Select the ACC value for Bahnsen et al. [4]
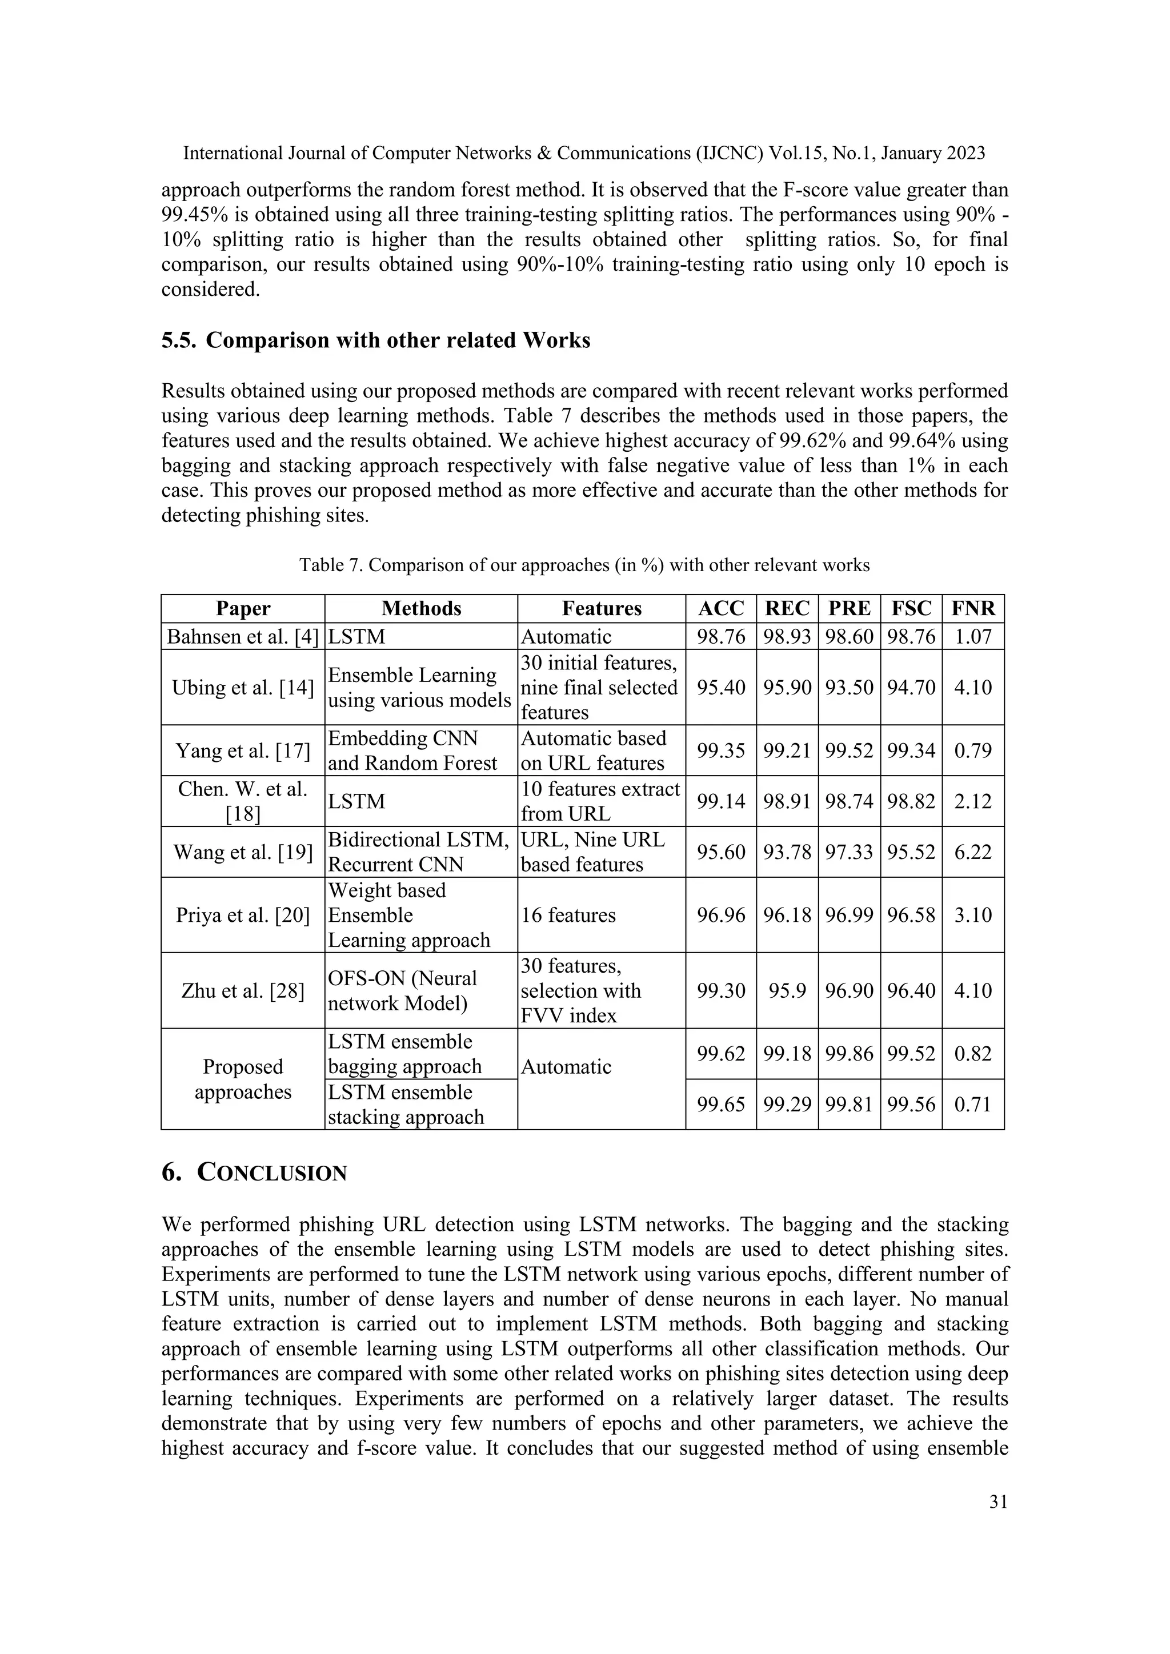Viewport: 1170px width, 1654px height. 720,636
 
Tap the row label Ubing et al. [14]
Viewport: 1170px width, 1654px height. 243,687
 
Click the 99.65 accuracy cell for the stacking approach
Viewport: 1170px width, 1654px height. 720,1105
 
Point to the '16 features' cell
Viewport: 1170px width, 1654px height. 568,915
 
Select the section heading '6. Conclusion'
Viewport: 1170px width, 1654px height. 254,1173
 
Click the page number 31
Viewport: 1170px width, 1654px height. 998,1502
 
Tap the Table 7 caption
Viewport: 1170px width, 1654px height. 584,565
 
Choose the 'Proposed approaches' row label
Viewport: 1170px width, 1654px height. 243,1079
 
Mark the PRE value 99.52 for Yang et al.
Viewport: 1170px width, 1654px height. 849,750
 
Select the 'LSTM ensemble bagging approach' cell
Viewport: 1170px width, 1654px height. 405,1054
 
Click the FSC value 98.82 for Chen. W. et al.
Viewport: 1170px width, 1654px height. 911,801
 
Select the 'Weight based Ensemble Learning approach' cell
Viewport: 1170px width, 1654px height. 408,915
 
